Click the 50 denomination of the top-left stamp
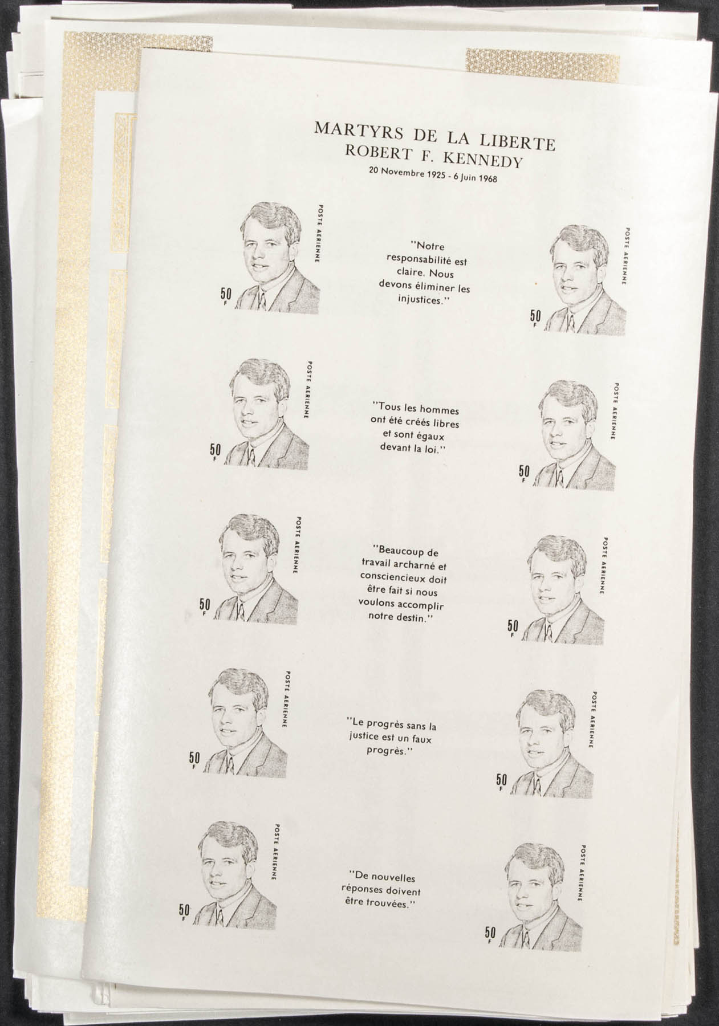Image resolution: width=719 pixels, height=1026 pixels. click(226, 295)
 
